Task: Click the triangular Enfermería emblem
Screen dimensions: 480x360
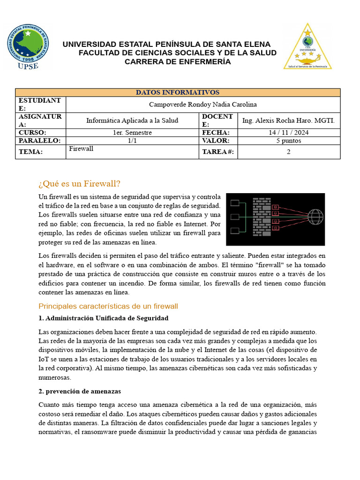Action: (x=307, y=47)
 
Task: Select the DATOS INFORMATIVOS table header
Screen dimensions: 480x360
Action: (x=178, y=93)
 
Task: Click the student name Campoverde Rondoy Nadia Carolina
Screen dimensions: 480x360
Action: (x=203, y=105)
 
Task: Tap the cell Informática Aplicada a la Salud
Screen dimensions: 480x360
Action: (x=132, y=120)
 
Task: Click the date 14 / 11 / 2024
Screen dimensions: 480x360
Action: (x=289, y=133)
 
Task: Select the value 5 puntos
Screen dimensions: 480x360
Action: (x=289, y=141)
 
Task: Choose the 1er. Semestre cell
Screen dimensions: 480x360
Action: (x=132, y=133)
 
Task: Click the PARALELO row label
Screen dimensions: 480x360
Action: (x=39, y=141)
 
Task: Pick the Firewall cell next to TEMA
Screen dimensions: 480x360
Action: (x=81, y=149)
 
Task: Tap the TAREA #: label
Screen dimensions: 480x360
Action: (x=217, y=152)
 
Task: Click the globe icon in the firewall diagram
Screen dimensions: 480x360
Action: (x=315, y=217)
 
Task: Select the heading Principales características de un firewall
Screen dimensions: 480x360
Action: (x=108, y=306)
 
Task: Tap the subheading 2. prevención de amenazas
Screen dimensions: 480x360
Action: (x=80, y=391)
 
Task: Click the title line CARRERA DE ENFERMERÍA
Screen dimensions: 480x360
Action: (x=178, y=61)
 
